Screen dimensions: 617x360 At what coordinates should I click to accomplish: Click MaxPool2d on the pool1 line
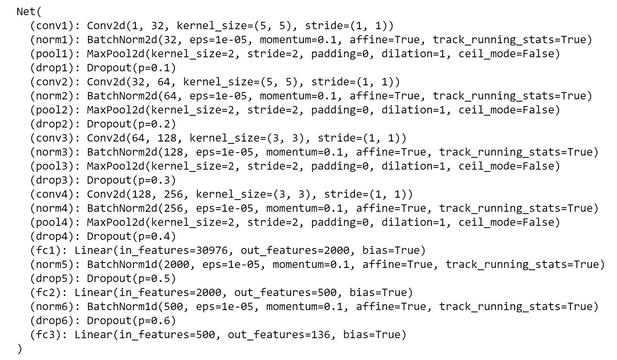point(116,54)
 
